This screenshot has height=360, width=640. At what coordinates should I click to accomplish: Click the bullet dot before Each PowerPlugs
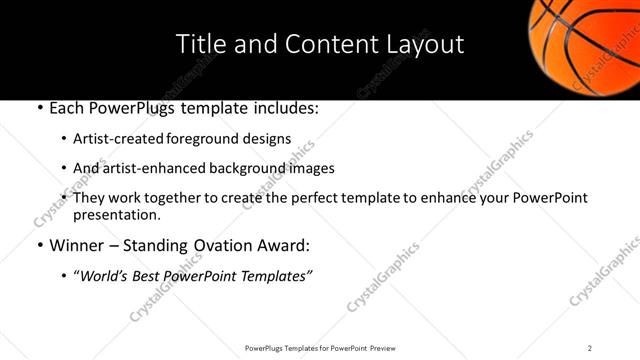[x=39, y=109]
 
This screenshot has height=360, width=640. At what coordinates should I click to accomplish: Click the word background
[x=236, y=168]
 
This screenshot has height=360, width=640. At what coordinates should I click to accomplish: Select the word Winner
[x=76, y=245]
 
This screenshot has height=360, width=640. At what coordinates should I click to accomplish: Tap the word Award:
[x=285, y=245]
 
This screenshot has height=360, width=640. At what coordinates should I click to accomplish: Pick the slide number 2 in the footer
[x=589, y=348]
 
